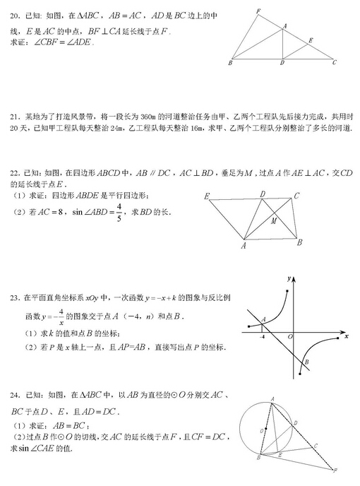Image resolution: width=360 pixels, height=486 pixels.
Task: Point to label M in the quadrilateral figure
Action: click(273, 221)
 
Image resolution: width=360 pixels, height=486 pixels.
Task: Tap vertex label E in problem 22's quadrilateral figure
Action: click(206, 196)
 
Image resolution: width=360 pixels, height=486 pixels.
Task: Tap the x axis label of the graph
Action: click(347, 337)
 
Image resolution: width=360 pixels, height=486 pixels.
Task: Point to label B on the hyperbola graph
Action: click(306, 363)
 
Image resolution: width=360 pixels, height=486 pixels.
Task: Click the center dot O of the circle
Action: click(263, 430)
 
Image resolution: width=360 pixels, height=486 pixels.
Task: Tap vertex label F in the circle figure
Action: click(337, 470)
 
